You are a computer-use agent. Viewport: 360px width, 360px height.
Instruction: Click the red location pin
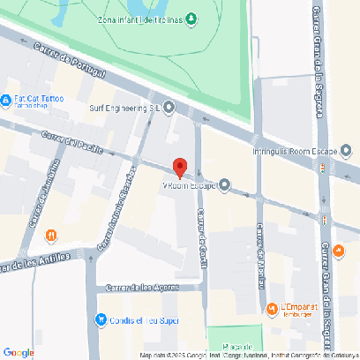point(179,168)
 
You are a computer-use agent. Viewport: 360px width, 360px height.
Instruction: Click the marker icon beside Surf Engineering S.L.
point(169,108)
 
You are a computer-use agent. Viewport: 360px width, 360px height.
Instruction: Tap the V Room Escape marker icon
point(224,185)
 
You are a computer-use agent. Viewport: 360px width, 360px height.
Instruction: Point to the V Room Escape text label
point(189,185)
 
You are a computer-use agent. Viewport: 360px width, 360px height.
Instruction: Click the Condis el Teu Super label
point(142,319)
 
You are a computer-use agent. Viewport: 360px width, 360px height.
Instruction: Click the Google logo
point(19,352)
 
